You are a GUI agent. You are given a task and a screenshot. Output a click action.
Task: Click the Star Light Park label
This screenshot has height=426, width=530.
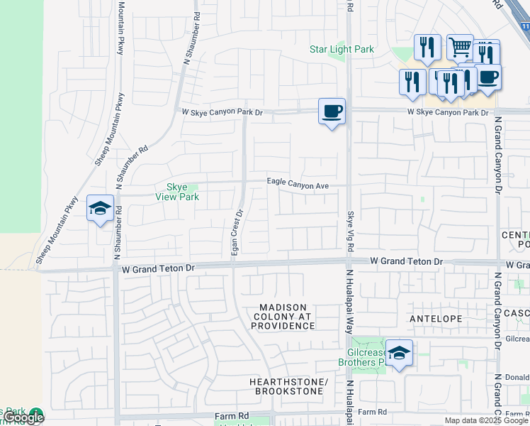pos(342,50)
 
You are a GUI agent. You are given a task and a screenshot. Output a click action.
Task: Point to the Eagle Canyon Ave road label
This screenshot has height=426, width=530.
pos(298,184)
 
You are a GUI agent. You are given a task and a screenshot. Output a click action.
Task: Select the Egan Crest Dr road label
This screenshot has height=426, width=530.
pos(238,234)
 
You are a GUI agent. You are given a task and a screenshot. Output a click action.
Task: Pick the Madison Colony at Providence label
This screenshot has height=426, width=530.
pos(283,316)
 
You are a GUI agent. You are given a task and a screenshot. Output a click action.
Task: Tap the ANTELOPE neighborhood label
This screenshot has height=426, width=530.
pos(436,319)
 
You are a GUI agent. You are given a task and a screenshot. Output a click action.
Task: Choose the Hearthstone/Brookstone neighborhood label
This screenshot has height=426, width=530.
pos(288,387)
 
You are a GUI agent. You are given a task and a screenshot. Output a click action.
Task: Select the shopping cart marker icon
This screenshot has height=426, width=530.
pos(461,48)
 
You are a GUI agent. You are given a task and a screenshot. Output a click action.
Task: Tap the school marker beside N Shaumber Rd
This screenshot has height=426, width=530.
pos(100,209)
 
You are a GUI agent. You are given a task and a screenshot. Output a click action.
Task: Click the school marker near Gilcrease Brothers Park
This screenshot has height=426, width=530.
pos(400,353)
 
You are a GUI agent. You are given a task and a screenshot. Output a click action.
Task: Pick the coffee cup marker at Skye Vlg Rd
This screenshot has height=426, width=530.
pos(332,111)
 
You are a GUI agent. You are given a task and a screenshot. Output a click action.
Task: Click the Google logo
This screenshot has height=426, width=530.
pos(23,418)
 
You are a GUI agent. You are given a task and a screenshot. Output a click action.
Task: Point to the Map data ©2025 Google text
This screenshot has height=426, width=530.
pos(487,420)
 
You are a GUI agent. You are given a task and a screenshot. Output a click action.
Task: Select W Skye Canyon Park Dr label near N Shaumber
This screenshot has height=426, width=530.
pos(222,112)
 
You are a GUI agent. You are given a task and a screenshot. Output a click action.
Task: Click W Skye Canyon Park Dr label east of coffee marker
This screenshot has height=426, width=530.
pos(448,113)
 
